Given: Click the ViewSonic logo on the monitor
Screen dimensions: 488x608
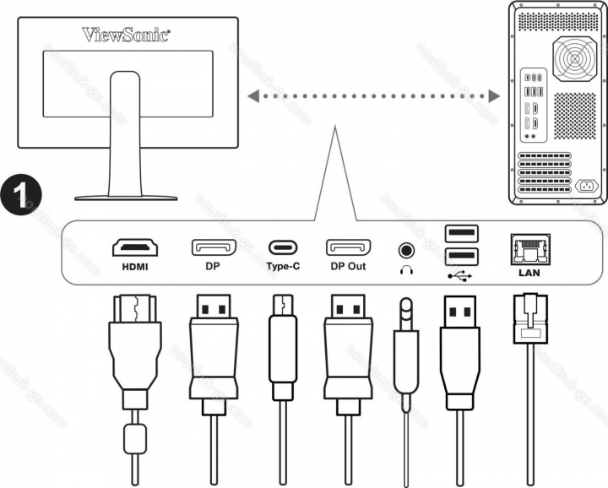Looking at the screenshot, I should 126,35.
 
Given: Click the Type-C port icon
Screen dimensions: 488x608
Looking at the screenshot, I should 283,249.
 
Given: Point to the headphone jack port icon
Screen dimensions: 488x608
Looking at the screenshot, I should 407,250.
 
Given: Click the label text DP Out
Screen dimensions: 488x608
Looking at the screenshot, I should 347,265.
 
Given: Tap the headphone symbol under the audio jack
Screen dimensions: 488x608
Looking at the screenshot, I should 407,270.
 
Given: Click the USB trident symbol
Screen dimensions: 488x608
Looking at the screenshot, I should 459,273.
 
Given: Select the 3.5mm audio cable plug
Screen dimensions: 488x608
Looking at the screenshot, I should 406,338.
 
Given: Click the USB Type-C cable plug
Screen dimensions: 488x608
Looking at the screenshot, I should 280,346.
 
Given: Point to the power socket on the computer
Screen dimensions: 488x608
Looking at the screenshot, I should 584,186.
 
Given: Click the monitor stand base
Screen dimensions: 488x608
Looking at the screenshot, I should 126,196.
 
